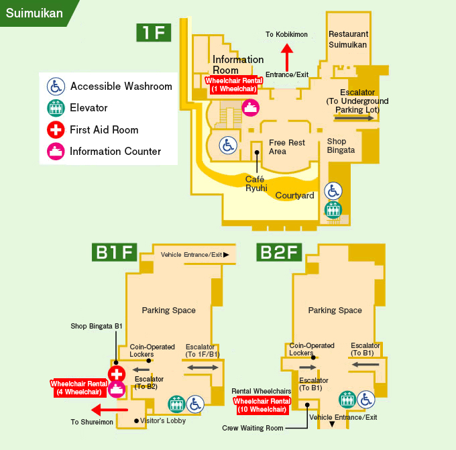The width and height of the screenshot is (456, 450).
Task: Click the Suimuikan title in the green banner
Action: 35,13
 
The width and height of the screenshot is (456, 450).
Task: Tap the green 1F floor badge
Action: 155,32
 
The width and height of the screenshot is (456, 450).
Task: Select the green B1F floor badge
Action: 115,253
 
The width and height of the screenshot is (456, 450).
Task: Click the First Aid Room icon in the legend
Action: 56,129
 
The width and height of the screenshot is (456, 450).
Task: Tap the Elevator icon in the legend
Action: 56,108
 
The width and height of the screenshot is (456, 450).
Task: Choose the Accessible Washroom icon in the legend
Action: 56,86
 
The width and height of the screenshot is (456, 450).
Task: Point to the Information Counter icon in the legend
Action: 56,152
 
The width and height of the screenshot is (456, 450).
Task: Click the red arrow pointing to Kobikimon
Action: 287,56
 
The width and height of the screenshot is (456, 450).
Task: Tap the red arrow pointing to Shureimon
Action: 109,410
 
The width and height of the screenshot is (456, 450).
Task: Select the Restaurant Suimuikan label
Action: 348,39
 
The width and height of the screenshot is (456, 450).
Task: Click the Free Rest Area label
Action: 286,147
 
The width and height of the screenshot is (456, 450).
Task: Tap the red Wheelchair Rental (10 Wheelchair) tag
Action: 261,405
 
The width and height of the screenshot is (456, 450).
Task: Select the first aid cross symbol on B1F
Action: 117,374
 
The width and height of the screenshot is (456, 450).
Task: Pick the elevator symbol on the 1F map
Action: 333,209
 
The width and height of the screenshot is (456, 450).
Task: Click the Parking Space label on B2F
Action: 335,311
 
